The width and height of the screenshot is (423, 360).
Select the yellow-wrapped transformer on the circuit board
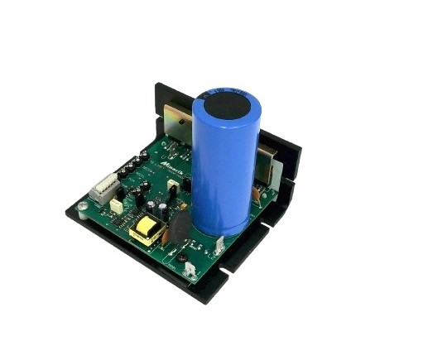[x=145, y=232]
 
